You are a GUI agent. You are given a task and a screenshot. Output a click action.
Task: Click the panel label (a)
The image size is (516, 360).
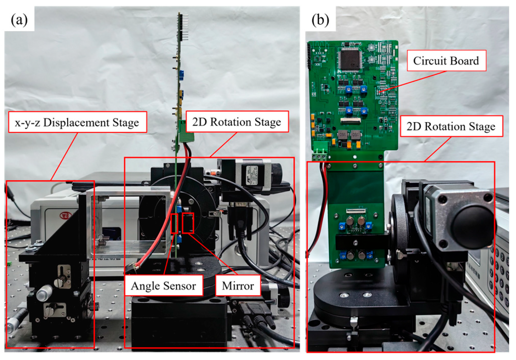tap(19, 20)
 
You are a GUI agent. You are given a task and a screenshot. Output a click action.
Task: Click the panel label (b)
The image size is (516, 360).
tap(320, 20)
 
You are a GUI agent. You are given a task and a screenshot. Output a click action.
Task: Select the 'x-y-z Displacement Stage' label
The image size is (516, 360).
tap(77, 123)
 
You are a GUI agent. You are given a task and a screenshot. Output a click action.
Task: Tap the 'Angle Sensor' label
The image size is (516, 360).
tap(163, 285)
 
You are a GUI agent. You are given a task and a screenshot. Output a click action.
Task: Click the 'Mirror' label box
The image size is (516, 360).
tap(238, 285)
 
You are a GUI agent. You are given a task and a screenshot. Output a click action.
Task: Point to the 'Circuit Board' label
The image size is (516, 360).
tap(446, 61)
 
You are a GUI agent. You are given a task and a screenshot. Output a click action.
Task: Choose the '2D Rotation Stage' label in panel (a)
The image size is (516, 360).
tap(236, 122)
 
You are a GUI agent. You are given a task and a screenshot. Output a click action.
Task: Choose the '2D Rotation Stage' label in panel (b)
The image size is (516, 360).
tap(451, 126)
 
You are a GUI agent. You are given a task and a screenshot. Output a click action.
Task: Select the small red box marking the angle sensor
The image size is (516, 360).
tap(175, 224)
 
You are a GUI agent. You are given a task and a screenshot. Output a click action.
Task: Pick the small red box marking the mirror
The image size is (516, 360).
tap(188, 223)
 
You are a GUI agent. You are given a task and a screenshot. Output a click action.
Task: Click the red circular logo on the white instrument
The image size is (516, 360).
tap(66, 216)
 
